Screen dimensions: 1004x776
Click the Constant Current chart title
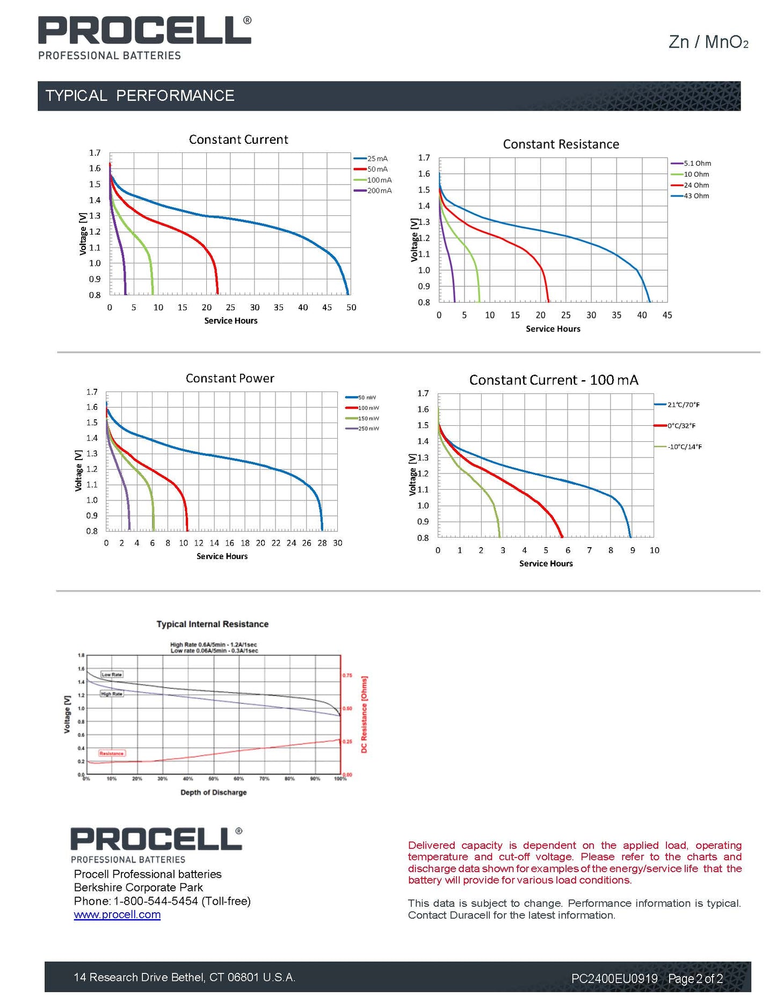point(238,140)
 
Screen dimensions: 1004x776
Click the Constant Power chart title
point(230,379)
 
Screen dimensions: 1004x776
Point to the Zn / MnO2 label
point(708,42)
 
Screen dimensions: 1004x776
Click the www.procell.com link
point(117,914)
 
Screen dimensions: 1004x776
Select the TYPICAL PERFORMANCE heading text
point(140,96)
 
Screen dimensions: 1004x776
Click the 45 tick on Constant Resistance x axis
point(667,315)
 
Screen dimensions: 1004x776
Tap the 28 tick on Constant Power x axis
point(322,543)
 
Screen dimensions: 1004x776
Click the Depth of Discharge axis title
point(213,792)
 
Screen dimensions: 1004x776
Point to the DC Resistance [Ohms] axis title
point(364,714)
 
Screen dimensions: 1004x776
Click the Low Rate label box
point(112,674)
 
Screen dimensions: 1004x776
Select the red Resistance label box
point(112,753)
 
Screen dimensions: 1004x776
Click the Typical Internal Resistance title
point(212,624)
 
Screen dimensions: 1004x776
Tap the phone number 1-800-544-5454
point(156,901)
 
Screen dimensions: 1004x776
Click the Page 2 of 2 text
point(695,979)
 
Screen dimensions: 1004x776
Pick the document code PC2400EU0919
point(614,979)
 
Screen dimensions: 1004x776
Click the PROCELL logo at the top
point(144,31)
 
